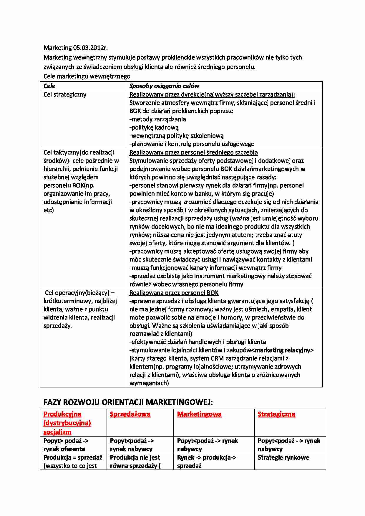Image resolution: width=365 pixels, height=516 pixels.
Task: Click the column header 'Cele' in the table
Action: pos(49,86)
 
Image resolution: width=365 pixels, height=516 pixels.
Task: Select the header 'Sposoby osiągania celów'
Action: pos(164,86)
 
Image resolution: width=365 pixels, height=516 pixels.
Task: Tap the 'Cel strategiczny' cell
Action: pos(65,94)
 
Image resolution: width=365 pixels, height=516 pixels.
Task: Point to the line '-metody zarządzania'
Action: pos(158,119)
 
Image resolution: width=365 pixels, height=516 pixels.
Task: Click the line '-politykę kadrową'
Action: pos(154,127)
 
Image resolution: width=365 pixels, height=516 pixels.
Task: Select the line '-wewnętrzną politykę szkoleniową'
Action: pos(177,136)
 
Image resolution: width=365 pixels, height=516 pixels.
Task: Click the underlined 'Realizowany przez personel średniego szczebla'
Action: pos(193,152)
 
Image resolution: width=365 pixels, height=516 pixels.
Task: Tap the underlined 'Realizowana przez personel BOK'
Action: pos(174,293)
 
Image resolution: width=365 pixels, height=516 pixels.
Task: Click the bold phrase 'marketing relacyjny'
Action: pos(283,350)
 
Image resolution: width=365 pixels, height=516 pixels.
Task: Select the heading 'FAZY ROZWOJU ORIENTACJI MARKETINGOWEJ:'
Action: pos(128,402)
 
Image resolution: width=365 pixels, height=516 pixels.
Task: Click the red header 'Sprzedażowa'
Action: pos(130,414)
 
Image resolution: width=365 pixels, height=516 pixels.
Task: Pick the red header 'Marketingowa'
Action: pos(199,414)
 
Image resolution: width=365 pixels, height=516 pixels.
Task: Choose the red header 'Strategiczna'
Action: pos(276,414)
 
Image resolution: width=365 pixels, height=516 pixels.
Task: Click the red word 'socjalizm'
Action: pos(57,432)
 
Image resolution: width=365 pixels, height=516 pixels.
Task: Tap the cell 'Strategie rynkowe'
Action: pos(283,457)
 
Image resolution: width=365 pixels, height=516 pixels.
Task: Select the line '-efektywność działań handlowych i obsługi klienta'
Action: pos(198,342)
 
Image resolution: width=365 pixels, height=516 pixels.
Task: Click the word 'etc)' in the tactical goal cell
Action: pos(49,210)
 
